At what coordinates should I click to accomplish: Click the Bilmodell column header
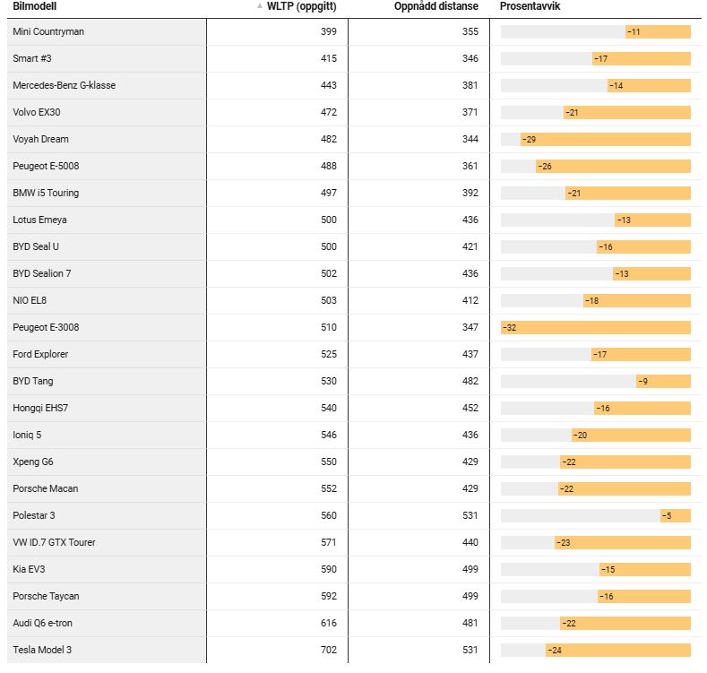pyautogui.click(x=35, y=6)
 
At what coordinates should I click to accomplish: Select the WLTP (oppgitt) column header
pyautogui.click(x=302, y=6)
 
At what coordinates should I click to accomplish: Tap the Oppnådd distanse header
pyautogui.click(x=436, y=6)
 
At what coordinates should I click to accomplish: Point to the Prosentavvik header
pyautogui.click(x=530, y=6)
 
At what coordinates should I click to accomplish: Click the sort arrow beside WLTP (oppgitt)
pyautogui.click(x=260, y=6)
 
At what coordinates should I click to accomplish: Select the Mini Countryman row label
pyautogui.click(x=48, y=31)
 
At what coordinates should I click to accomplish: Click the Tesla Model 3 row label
pyautogui.click(x=42, y=650)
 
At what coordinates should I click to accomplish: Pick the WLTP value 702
pyautogui.click(x=329, y=650)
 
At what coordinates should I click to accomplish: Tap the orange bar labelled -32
pyautogui.click(x=596, y=327)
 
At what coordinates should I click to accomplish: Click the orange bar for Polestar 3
pyautogui.click(x=676, y=515)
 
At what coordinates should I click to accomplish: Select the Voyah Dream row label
pyautogui.click(x=40, y=139)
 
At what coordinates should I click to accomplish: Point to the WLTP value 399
pyautogui.click(x=329, y=31)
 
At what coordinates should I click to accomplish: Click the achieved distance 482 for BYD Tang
pyautogui.click(x=470, y=381)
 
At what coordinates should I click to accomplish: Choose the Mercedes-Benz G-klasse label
pyautogui.click(x=64, y=85)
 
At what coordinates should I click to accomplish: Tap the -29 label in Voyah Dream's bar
pyautogui.click(x=529, y=140)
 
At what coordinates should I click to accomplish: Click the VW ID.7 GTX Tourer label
pyautogui.click(x=54, y=542)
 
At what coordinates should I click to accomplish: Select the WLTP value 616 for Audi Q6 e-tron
pyautogui.click(x=329, y=623)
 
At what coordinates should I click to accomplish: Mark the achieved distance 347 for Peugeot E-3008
pyautogui.click(x=470, y=327)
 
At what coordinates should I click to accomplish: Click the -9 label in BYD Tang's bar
pyautogui.click(x=643, y=382)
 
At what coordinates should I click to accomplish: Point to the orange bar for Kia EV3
pyautogui.click(x=645, y=569)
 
